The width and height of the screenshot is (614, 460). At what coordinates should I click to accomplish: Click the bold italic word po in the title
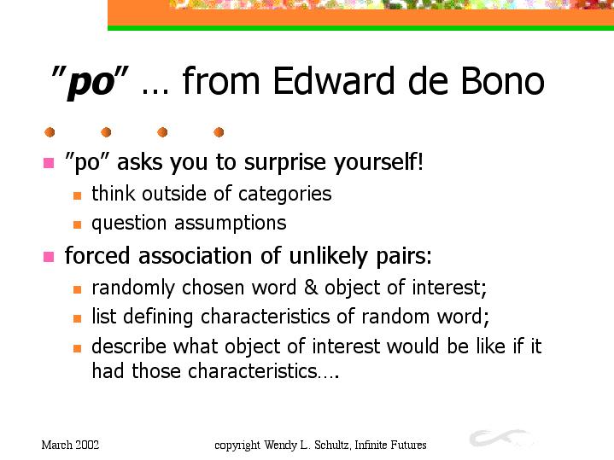tap(91, 83)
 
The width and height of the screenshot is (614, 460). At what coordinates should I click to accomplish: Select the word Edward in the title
tap(333, 80)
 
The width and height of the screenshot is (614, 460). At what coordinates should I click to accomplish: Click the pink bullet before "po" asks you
tap(49, 162)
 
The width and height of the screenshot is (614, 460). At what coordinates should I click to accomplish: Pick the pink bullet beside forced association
tap(49, 257)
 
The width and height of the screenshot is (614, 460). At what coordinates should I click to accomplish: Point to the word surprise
tap(284, 163)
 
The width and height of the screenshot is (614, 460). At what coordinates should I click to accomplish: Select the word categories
tap(284, 195)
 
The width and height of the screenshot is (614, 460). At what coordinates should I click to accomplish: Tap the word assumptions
tap(231, 224)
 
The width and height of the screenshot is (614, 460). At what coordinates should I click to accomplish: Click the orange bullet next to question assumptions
tap(77, 224)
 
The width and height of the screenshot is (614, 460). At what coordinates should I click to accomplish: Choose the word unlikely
tap(328, 256)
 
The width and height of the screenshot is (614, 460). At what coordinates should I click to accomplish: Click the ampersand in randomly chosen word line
tap(311, 288)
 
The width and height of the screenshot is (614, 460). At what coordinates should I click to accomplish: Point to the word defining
tap(158, 317)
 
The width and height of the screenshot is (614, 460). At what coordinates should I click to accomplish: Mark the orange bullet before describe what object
tap(77, 348)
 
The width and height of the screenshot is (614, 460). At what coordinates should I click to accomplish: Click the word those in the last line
tap(156, 370)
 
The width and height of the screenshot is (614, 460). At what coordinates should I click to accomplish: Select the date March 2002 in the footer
tap(70, 445)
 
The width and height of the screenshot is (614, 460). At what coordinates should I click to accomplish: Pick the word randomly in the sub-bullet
tap(133, 288)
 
